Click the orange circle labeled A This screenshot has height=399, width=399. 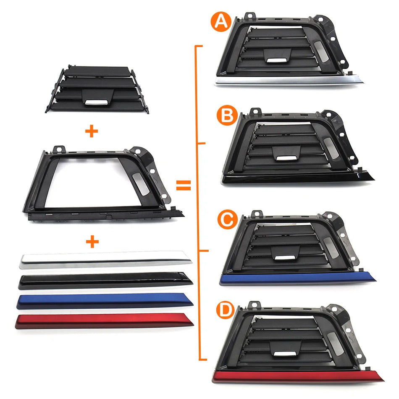point(220,23)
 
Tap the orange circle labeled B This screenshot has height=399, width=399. point(227,116)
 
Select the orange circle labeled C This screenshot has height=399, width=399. point(227,219)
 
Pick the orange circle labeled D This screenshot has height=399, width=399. point(223,311)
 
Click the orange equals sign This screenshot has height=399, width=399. point(183,185)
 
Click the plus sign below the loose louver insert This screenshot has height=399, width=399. point(91,131)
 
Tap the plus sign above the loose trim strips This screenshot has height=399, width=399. point(91,242)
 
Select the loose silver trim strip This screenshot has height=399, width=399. point(105,259)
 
